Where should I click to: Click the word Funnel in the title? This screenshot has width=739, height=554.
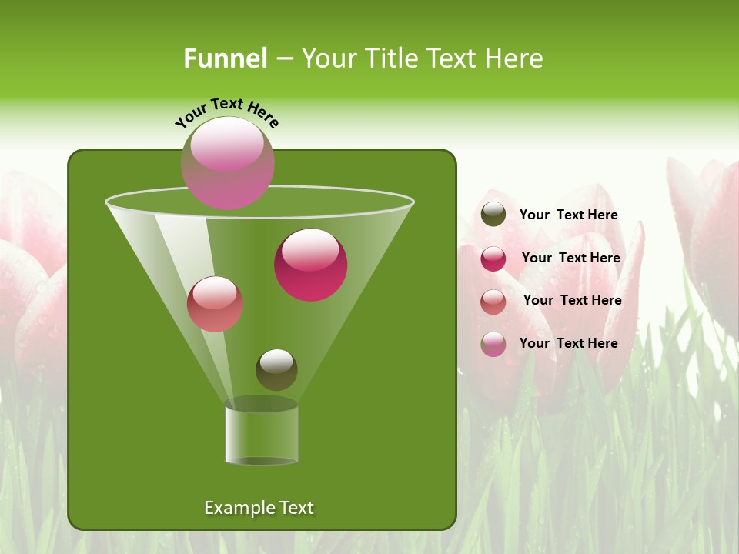[225, 58]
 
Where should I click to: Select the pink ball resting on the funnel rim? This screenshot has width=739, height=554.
[227, 163]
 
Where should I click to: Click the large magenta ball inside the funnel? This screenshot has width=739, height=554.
[310, 265]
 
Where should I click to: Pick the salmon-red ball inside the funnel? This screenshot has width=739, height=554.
[215, 304]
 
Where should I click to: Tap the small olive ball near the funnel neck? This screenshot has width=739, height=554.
[276, 369]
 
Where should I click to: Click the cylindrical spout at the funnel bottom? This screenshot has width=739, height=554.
[261, 435]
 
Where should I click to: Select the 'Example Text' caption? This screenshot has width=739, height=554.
[259, 508]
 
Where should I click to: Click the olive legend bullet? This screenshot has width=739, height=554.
[493, 215]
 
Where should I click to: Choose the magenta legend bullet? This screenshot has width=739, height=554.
[493, 258]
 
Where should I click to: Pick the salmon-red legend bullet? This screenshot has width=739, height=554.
[493, 301]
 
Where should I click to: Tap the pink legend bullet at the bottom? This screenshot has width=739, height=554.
[493, 344]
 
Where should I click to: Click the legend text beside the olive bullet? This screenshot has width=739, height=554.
[568, 215]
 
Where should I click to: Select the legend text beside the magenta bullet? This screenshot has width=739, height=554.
[570, 258]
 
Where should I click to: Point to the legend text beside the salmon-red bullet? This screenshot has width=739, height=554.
[572, 300]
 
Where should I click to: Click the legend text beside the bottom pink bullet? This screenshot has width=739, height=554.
[568, 343]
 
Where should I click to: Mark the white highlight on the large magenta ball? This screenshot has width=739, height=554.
[310, 250]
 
